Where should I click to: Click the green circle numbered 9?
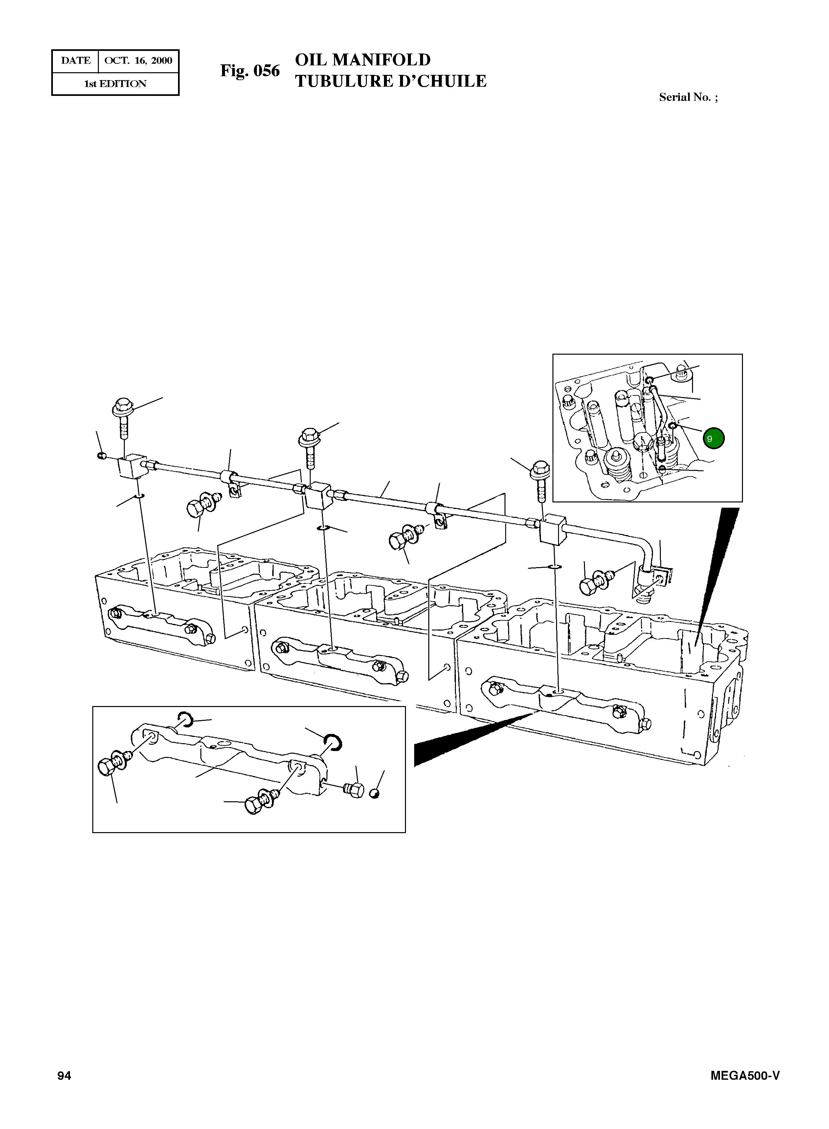[713, 438]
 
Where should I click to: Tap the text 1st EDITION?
[115, 84]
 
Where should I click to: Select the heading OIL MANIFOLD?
[362, 60]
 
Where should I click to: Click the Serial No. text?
[687, 97]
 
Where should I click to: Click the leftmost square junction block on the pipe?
[131, 468]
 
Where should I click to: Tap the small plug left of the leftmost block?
[101, 455]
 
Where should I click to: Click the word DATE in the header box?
[76, 61]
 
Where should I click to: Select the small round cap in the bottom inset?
[375, 793]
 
